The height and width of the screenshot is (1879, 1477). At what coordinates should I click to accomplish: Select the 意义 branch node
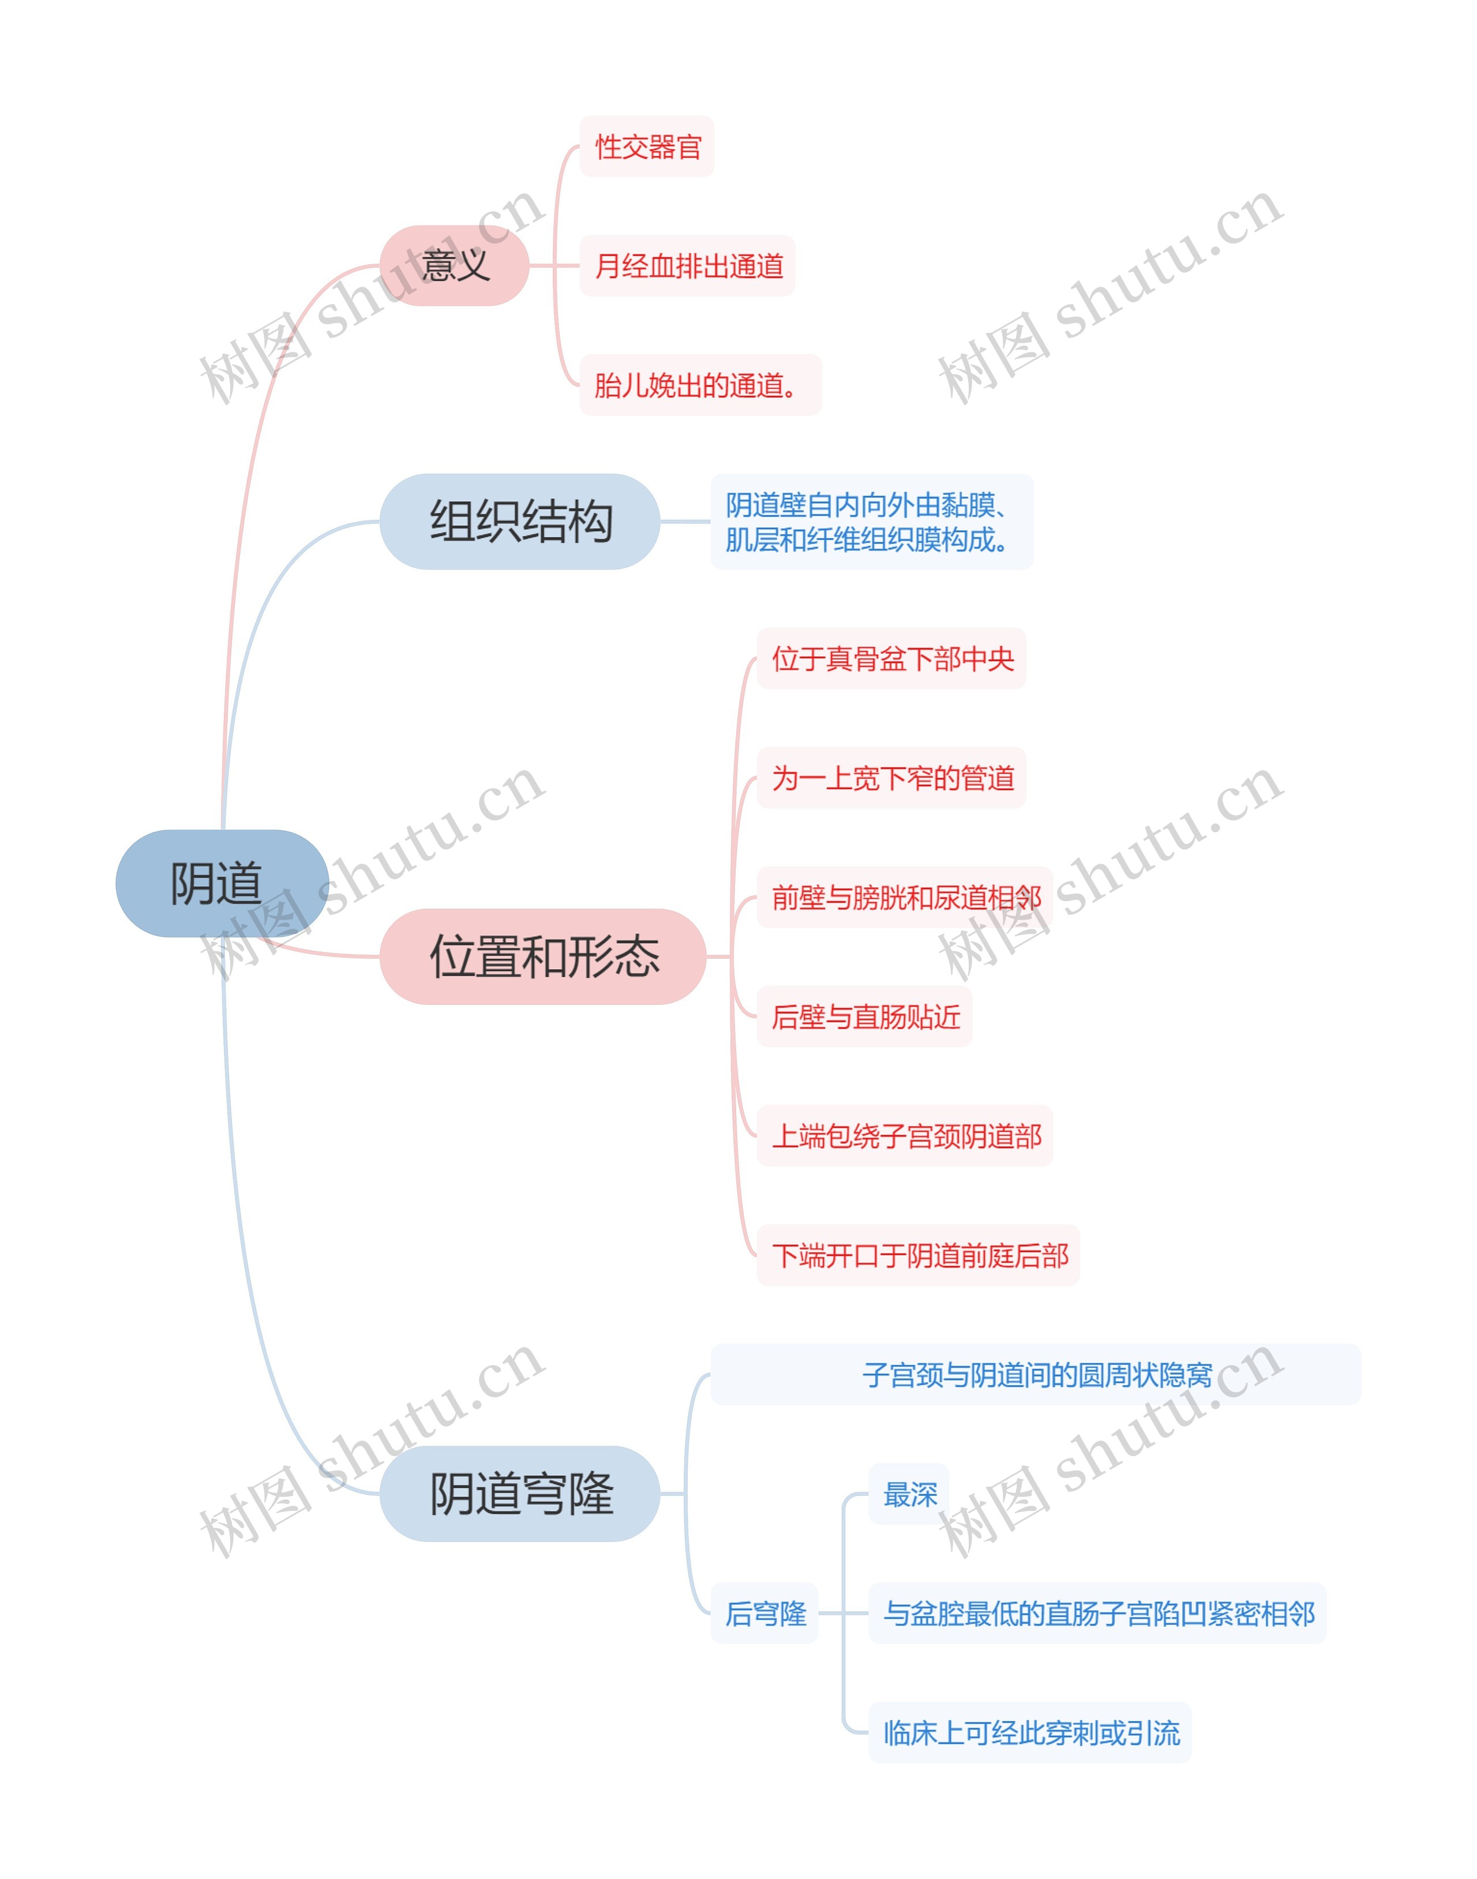click(454, 265)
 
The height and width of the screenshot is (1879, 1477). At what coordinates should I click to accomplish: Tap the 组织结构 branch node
click(520, 522)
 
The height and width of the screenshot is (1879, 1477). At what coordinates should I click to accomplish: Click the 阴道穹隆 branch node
click(520, 1494)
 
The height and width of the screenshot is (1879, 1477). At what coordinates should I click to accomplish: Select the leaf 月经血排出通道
click(688, 265)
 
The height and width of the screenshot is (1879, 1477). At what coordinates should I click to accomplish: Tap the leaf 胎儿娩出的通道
click(700, 385)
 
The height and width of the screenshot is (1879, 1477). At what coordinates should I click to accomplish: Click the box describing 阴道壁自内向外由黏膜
click(872, 522)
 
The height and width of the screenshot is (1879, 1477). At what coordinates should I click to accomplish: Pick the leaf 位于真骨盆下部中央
click(891, 659)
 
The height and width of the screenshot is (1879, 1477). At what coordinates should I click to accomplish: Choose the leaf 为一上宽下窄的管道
click(891, 778)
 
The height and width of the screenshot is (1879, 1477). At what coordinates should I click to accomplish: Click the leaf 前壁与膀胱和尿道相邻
click(905, 898)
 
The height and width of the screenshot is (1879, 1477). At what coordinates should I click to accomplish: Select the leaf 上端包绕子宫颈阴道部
click(905, 1136)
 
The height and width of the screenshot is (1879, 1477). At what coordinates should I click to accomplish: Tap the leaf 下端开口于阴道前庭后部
click(919, 1255)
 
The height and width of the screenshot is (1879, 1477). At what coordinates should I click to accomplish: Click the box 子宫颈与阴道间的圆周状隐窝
click(1036, 1375)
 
